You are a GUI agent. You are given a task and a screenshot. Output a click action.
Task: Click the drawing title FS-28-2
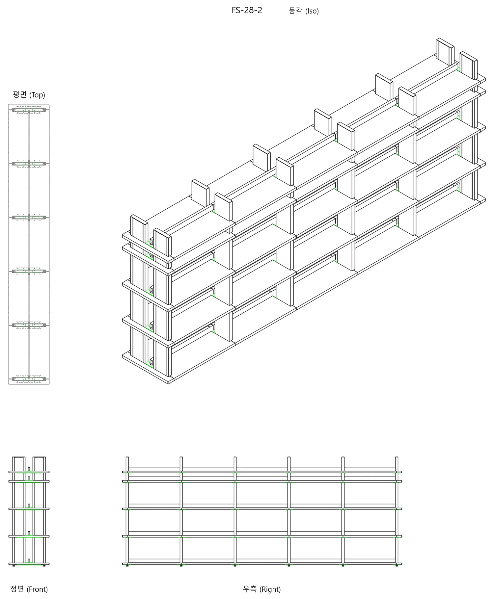click(247, 11)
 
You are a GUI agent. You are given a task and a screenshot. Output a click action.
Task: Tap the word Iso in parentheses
click(312, 11)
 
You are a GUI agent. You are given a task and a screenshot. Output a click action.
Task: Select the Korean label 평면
click(19, 95)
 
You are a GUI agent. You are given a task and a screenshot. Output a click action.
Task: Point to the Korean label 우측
click(249, 589)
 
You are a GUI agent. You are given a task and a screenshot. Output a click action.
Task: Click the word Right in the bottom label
click(270, 589)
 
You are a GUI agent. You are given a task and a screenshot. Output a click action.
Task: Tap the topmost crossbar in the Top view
click(29, 110)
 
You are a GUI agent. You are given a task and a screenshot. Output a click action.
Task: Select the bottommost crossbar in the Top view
click(29, 379)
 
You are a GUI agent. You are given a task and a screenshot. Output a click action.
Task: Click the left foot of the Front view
click(14, 565)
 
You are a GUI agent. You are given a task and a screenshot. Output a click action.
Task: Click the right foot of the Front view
click(44, 565)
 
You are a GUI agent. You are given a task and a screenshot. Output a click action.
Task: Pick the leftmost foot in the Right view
click(127, 565)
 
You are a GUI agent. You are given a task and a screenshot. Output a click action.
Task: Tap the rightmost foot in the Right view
click(397, 565)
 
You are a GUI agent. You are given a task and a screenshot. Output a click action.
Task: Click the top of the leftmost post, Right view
click(127, 457)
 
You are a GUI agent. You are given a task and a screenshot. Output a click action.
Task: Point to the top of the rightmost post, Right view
click(397, 457)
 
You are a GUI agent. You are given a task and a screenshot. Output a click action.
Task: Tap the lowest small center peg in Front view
click(29, 560)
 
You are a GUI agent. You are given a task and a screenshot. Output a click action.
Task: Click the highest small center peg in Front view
click(29, 469)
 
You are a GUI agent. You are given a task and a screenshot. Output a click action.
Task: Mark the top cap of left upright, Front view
click(19, 457)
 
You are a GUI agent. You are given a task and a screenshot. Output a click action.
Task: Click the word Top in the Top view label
click(37, 95)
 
